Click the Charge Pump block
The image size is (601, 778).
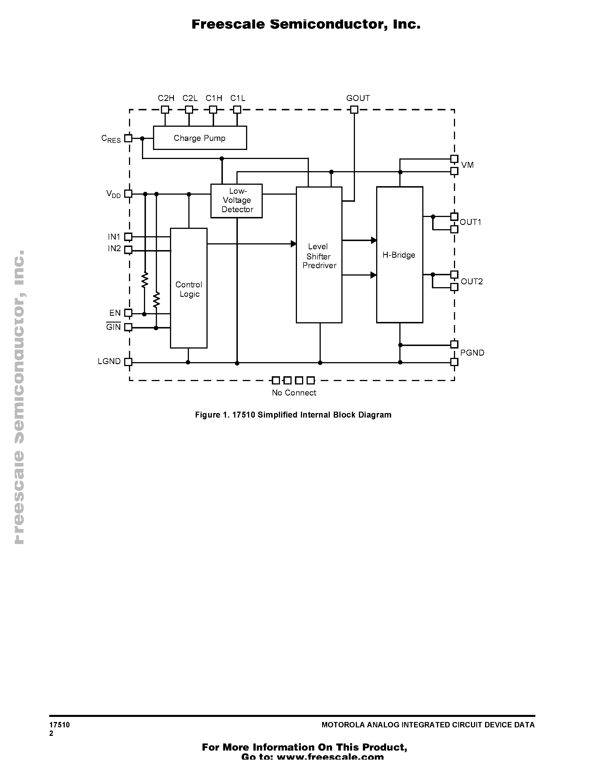click(x=200, y=138)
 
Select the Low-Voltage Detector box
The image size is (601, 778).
click(x=236, y=201)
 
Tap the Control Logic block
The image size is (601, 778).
click(x=189, y=289)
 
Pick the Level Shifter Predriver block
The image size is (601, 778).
click(x=319, y=255)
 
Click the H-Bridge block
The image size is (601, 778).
click(x=399, y=255)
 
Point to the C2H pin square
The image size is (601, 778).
click(x=165, y=110)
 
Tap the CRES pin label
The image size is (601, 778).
click(x=111, y=139)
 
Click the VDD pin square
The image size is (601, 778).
click(x=128, y=194)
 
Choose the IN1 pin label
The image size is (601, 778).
click(x=114, y=237)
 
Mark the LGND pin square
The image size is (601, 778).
click(x=128, y=362)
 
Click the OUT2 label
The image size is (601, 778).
click(x=472, y=281)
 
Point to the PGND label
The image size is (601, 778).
click(x=472, y=353)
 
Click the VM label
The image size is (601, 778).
click(x=467, y=165)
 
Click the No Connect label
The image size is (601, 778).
click(x=294, y=393)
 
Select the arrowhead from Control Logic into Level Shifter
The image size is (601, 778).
click(x=293, y=244)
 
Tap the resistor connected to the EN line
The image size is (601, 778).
click(x=145, y=280)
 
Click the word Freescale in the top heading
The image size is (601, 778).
click(x=228, y=24)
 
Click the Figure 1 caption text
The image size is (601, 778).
click(x=293, y=415)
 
